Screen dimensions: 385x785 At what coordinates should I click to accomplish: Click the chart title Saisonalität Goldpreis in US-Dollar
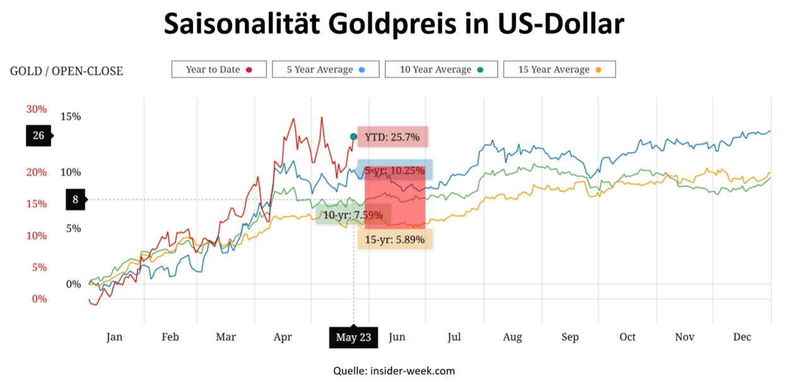click(394, 25)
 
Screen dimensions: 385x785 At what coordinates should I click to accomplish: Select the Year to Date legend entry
click(219, 69)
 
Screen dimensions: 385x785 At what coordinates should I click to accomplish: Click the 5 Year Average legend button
click(326, 69)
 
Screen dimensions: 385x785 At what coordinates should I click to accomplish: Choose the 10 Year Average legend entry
click(441, 69)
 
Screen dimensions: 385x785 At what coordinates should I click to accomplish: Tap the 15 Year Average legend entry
click(559, 69)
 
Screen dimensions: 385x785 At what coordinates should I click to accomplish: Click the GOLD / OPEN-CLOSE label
click(66, 71)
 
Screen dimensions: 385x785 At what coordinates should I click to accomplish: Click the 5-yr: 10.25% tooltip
click(395, 170)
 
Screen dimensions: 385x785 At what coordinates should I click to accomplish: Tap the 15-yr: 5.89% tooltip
click(395, 239)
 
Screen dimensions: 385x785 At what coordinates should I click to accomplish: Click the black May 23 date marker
click(353, 338)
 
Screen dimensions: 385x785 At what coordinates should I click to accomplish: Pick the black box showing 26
click(38, 135)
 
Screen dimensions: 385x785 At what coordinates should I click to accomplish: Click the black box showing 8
click(75, 200)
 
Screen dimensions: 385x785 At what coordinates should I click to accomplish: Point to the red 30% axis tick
click(37, 109)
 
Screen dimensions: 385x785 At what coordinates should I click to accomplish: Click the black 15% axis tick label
click(71, 117)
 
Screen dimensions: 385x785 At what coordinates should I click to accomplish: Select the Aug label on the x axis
click(512, 338)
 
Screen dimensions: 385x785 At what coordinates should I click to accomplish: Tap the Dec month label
click(742, 338)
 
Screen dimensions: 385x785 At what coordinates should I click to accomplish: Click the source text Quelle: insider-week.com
click(394, 371)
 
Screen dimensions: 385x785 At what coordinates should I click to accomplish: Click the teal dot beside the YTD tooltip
click(353, 136)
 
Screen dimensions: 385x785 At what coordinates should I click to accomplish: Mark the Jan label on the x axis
click(114, 338)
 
